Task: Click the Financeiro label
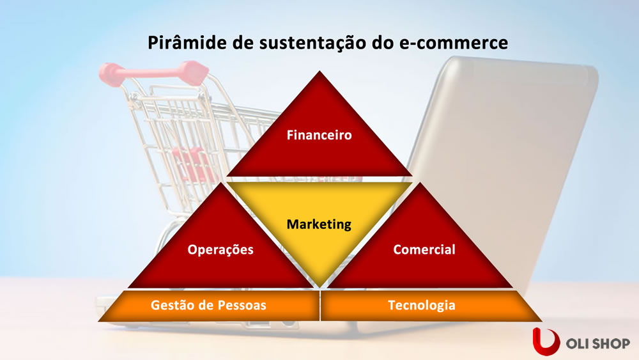coord(319,136)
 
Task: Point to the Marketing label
coord(319,224)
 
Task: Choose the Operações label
coord(220,249)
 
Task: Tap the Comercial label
coord(424,249)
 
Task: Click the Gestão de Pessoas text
coord(208,306)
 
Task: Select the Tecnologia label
coord(422,306)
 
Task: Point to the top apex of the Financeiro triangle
coord(319,73)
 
